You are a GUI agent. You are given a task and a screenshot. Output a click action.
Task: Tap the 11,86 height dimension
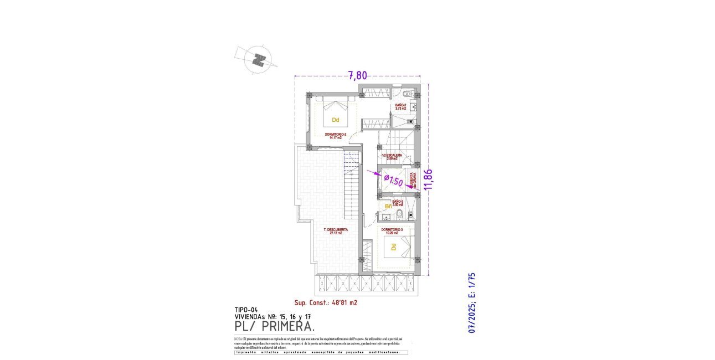point(428,179)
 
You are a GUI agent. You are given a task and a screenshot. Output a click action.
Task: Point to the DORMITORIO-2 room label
point(336,136)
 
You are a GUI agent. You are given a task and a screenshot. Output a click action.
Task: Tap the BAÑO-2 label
point(400,106)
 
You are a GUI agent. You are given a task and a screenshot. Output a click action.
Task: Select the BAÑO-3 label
point(397,203)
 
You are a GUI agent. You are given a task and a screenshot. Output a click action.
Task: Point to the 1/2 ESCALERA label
point(395,157)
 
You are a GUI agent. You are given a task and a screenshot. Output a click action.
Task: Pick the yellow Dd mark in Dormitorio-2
point(335,120)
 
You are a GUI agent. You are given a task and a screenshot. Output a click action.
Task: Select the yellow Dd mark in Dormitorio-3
point(394,249)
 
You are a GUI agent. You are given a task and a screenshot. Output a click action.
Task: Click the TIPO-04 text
point(246,310)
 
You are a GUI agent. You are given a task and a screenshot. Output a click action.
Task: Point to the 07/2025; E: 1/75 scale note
point(472,302)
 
